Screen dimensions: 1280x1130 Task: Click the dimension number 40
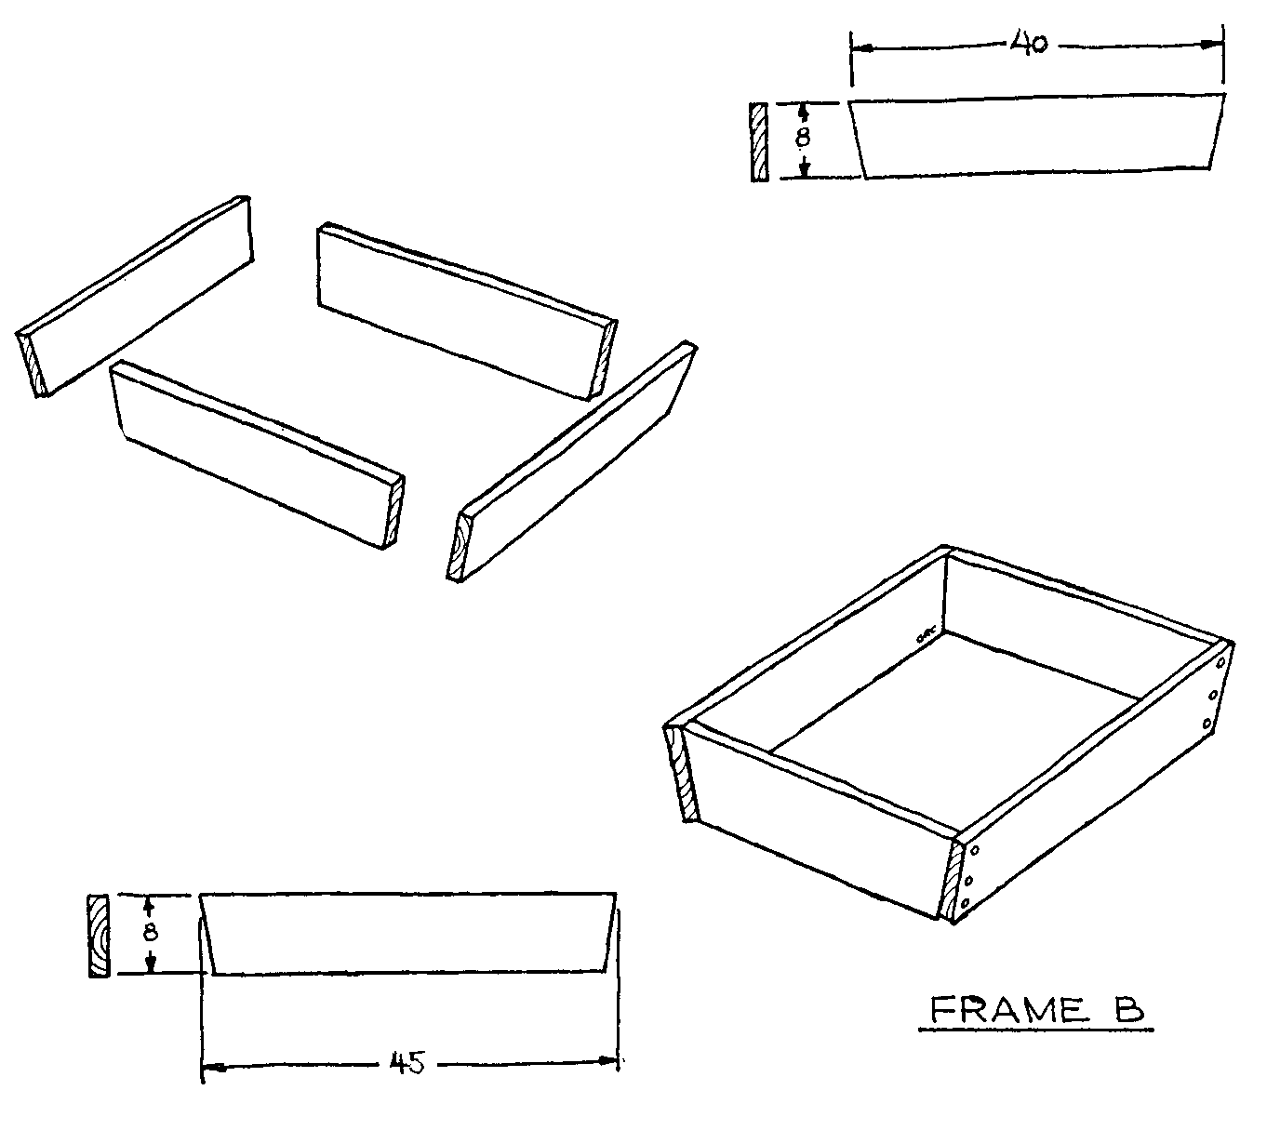[x=1029, y=44]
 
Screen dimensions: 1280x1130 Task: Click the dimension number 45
[x=407, y=1063]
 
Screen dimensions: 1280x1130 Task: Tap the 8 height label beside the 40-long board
[x=802, y=137]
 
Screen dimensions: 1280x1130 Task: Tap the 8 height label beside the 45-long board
[x=150, y=932]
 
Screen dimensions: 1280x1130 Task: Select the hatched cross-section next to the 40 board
[x=759, y=142]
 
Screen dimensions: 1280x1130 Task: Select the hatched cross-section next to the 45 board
[x=99, y=936]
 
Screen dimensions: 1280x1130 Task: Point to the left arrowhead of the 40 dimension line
[x=861, y=48]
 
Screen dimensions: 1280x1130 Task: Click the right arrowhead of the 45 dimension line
[x=607, y=1060]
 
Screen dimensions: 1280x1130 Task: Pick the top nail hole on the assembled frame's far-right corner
[x=1220, y=662]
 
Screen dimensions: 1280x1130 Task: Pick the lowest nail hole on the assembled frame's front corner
[x=965, y=903]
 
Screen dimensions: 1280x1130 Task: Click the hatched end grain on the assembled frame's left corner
[x=681, y=774]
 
